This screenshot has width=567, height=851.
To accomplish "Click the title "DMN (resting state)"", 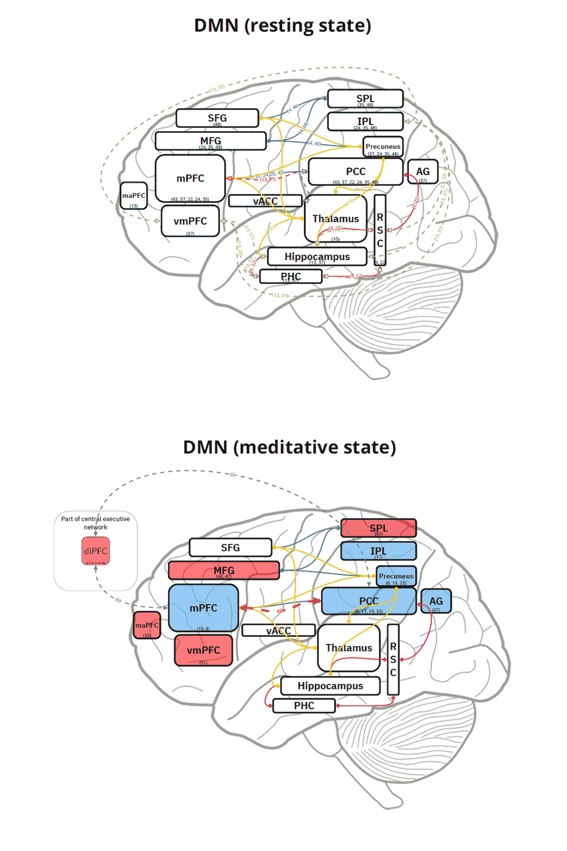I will click(x=283, y=26).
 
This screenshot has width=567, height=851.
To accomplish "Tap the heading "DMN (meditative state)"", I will click(x=289, y=447).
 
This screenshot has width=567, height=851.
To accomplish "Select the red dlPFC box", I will click(x=95, y=551).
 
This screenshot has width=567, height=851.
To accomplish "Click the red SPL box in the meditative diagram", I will click(x=378, y=528).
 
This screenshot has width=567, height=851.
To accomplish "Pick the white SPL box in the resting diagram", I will click(x=365, y=99).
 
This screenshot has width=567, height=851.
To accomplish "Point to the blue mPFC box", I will click(x=203, y=608).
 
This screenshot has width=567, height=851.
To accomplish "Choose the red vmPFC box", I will click(x=203, y=651).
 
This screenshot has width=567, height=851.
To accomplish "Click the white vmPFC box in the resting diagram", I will click(x=190, y=221).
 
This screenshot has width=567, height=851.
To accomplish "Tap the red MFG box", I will click(x=223, y=571).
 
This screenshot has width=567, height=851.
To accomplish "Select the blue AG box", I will click(x=436, y=601).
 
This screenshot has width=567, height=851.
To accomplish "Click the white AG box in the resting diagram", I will click(x=422, y=172).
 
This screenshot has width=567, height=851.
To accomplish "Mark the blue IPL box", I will click(x=378, y=551).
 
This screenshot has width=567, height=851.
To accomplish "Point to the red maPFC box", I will click(x=147, y=625).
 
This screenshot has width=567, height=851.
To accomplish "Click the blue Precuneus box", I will click(x=396, y=576).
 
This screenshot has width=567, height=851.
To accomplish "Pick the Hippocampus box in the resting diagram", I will click(x=317, y=257).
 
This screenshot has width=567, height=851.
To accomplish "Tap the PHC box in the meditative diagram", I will click(x=304, y=706).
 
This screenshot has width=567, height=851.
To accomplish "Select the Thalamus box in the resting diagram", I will click(x=335, y=218).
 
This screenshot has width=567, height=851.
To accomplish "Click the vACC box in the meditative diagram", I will click(x=278, y=630).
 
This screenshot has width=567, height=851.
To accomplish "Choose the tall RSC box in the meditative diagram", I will click(x=393, y=660).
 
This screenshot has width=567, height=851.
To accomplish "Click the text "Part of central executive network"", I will click(x=95, y=522).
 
